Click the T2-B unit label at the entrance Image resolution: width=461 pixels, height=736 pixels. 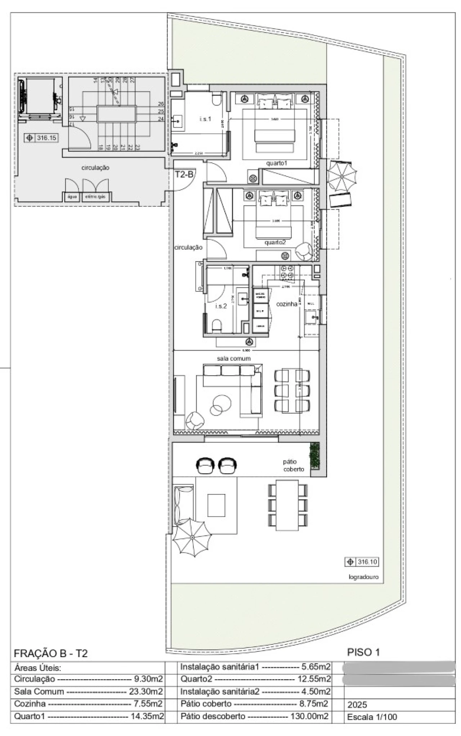[184, 175]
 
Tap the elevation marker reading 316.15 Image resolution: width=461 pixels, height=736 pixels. [42, 138]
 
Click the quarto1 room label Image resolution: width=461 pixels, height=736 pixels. [277, 163]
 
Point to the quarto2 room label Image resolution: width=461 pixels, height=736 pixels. [275, 242]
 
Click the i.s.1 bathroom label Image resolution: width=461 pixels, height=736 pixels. [205, 119]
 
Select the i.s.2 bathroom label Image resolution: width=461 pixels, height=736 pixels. [221, 306]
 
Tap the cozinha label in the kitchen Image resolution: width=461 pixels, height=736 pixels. [287, 304]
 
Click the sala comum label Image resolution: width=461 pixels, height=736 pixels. [233, 358]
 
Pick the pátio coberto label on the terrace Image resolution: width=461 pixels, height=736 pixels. [294, 465]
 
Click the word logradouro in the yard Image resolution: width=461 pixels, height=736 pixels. [363, 577]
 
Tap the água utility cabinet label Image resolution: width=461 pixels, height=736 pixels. [72, 197]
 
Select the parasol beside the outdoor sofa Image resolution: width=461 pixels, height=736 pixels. [192, 537]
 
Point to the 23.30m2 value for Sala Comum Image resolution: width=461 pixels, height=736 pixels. [146, 691]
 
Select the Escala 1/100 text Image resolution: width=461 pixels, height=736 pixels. [372, 717]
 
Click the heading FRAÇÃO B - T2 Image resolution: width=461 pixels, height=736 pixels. [50, 653]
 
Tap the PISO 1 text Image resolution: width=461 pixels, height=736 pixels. [363, 652]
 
